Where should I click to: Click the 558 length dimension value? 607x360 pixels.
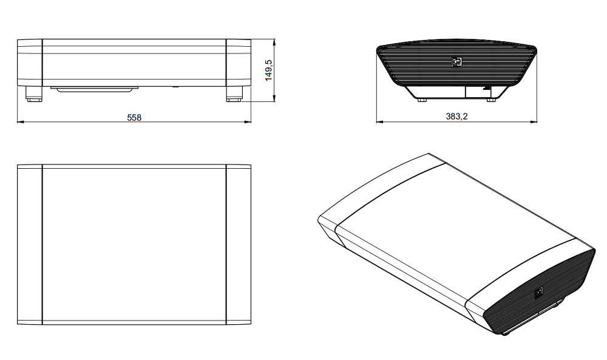click(x=134, y=117)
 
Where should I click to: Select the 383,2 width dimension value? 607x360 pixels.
click(x=457, y=117)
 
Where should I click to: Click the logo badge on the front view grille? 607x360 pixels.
click(x=457, y=61)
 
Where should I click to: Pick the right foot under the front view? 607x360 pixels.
click(x=491, y=99)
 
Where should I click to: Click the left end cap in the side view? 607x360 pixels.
click(x=29, y=63)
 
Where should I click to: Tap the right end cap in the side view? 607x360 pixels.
click(x=239, y=63)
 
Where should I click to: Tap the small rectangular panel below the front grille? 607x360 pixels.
click(x=473, y=92)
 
